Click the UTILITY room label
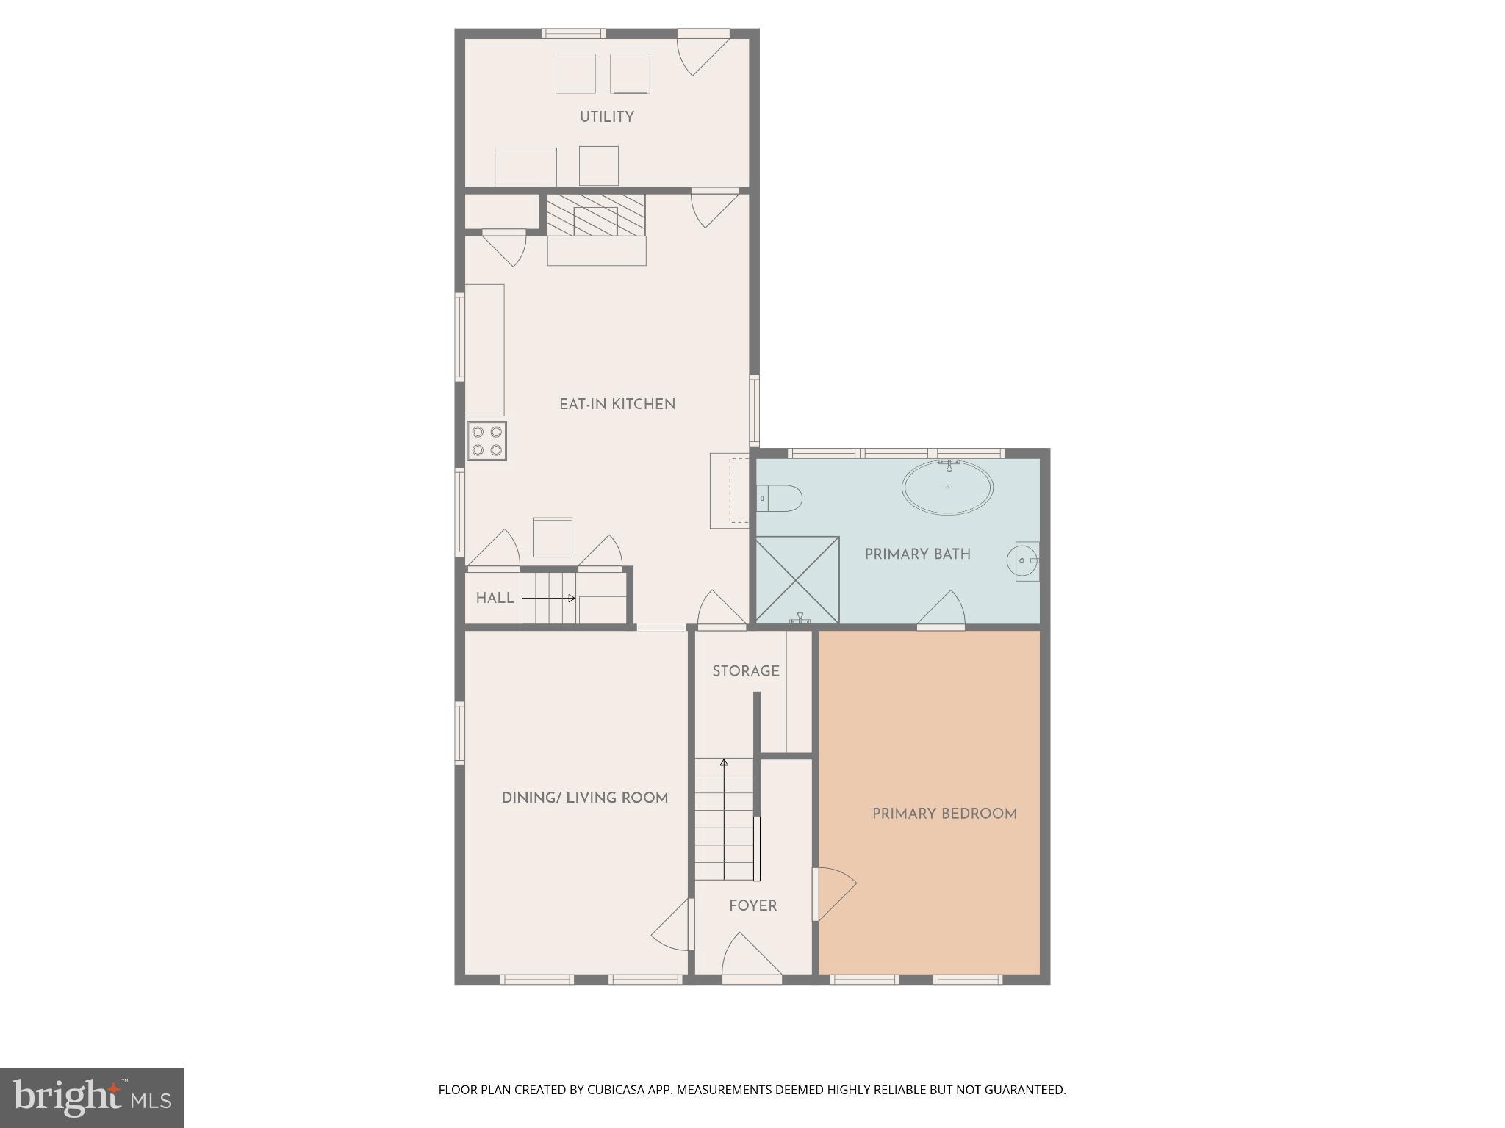point(606,117)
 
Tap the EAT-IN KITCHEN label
point(617,404)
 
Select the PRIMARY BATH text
point(917,554)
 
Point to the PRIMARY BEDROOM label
point(944,814)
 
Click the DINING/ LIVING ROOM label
point(585,798)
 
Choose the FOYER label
point(752,906)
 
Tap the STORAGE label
point(745,671)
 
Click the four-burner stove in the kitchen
point(487,441)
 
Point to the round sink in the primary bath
point(1023,561)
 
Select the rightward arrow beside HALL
point(549,599)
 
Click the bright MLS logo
point(92,1098)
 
